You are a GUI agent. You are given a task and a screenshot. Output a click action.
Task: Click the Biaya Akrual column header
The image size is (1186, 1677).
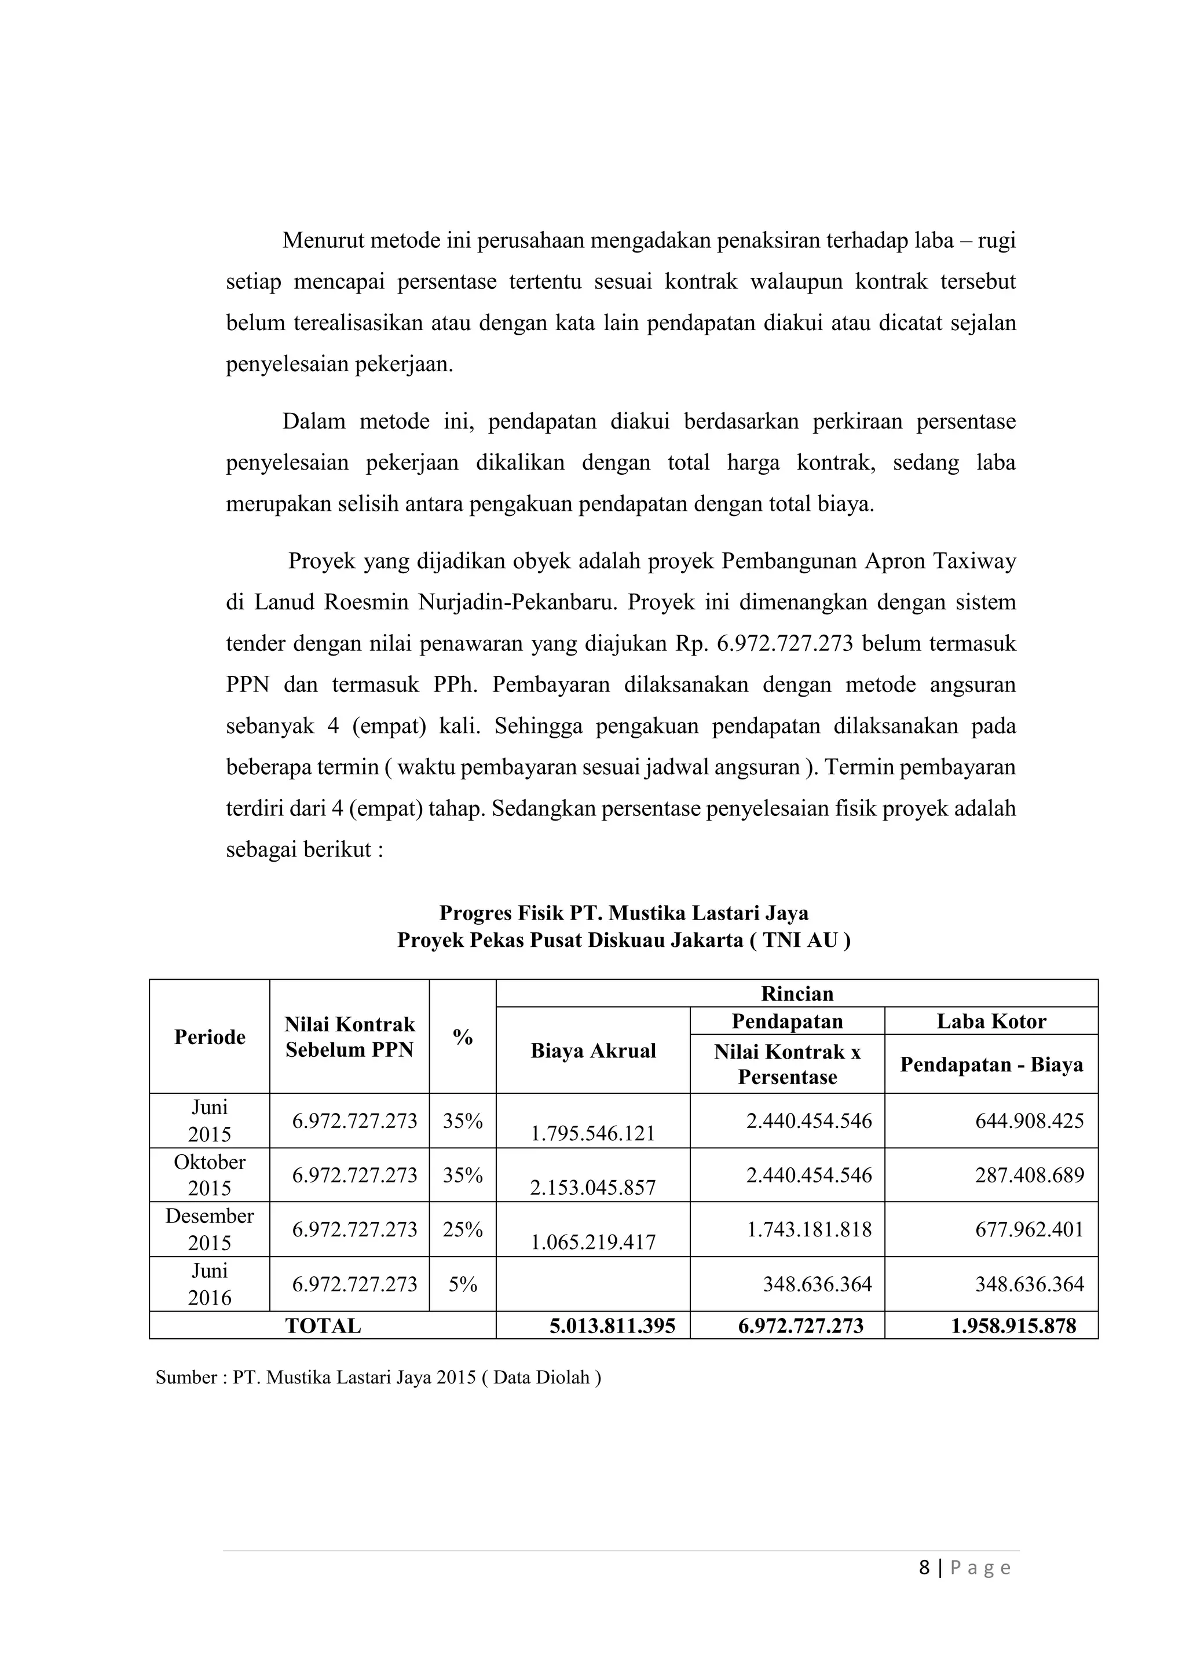(593, 1050)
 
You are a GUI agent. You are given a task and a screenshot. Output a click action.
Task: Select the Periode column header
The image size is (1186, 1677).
(210, 1037)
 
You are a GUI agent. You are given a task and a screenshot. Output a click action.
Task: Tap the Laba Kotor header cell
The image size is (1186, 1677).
(991, 1020)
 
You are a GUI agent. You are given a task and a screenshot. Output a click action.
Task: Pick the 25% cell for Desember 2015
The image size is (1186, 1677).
(462, 1229)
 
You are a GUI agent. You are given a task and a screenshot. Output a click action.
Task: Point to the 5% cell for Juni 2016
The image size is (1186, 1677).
(462, 1284)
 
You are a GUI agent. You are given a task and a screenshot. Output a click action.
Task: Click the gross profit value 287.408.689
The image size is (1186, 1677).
(1029, 1174)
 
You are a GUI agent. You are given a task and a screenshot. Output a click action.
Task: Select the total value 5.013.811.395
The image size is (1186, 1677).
(612, 1326)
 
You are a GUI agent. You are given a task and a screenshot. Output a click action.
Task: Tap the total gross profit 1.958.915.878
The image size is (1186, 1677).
(1013, 1326)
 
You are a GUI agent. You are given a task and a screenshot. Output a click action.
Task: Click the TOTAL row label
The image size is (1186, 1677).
(323, 1326)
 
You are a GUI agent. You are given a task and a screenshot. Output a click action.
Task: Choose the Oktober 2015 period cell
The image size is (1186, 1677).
(210, 1174)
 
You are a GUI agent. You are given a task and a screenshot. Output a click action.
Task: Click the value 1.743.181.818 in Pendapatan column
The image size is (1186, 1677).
(808, 1229)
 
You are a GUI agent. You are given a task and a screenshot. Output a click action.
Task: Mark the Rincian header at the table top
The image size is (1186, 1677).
(797, 993)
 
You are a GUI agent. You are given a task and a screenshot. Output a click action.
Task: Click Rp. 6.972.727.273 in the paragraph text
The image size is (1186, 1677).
(764, 643)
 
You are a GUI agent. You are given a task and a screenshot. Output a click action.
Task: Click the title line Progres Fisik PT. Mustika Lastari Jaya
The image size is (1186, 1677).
(624, 913)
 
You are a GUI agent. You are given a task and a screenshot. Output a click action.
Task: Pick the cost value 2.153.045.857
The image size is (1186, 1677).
(593, 1188)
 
